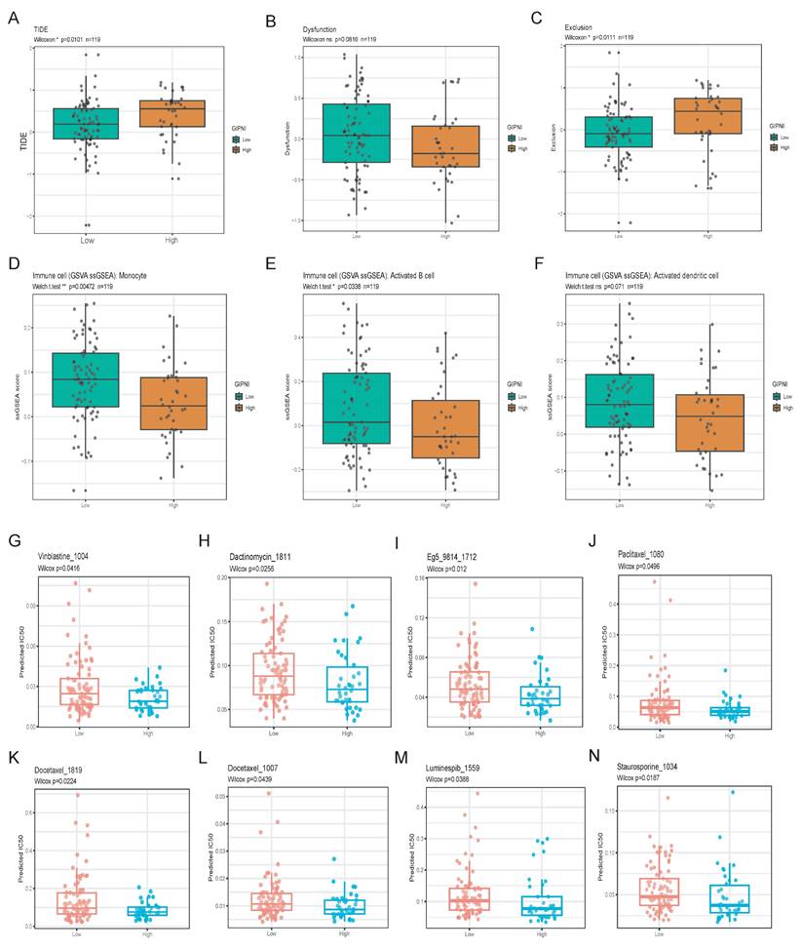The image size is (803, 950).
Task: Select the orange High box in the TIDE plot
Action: pos(173,113)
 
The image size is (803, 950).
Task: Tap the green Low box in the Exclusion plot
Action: pos(619,132)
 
